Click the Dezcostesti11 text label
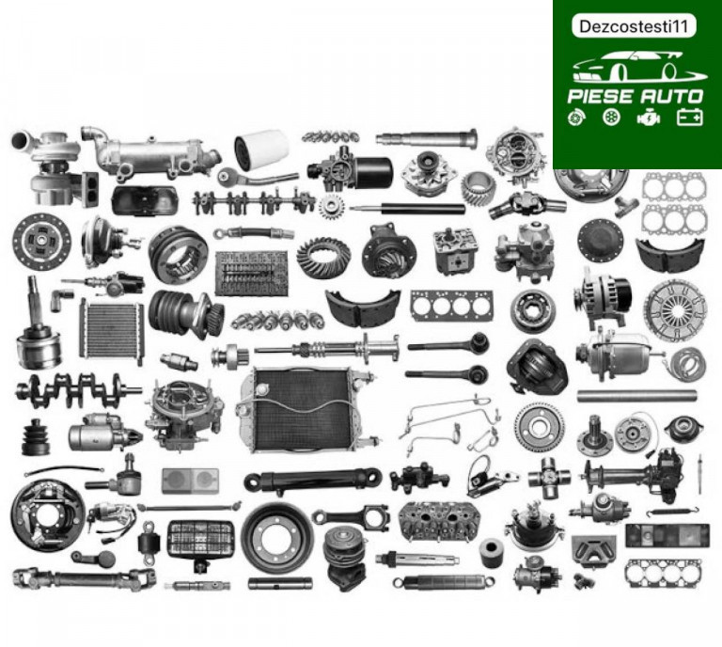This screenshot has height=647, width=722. click(x=634, y=26)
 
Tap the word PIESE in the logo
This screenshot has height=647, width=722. click(x=601, y=96)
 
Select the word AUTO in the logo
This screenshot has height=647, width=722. click(x=670, y=96)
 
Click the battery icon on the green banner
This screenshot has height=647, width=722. click(x=690, y=117)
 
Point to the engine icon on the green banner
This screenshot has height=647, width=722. click(x=649, y=118)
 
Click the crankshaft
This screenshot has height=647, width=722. click(x=78, y=390)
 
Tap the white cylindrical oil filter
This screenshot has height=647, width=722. click(x=261, y=149)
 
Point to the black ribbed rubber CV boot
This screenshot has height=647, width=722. click(x=36, y=436)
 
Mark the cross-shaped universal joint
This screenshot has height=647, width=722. click(x=548, y=478)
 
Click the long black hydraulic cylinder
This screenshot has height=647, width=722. click(x=313, y=480)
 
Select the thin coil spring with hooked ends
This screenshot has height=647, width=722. click(x=672, y=512)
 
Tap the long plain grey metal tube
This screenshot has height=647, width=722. click(x=636, y=395)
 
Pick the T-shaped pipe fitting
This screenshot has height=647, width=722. click(x=627, y=205)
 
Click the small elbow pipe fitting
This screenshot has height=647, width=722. click(x=61, y=299)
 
